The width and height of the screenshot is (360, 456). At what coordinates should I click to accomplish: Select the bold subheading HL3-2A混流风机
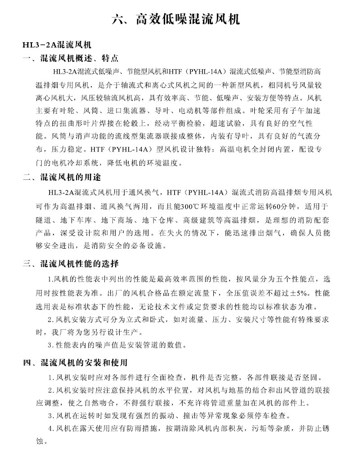(57, 45)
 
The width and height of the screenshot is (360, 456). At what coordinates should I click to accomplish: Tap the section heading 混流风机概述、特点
(80, 58)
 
